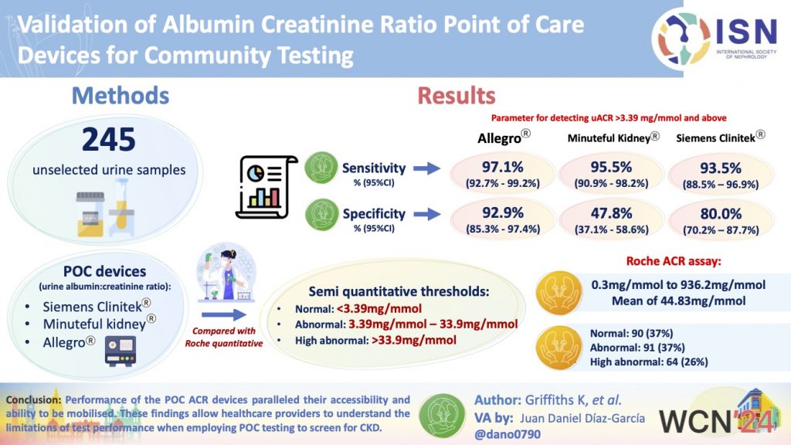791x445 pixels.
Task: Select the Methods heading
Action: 120,95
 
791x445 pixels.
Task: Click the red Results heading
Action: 456,95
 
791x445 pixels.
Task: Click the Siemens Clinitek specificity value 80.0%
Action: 720,214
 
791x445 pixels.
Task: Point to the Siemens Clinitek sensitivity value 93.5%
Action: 720,168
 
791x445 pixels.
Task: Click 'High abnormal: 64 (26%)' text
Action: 649,362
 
